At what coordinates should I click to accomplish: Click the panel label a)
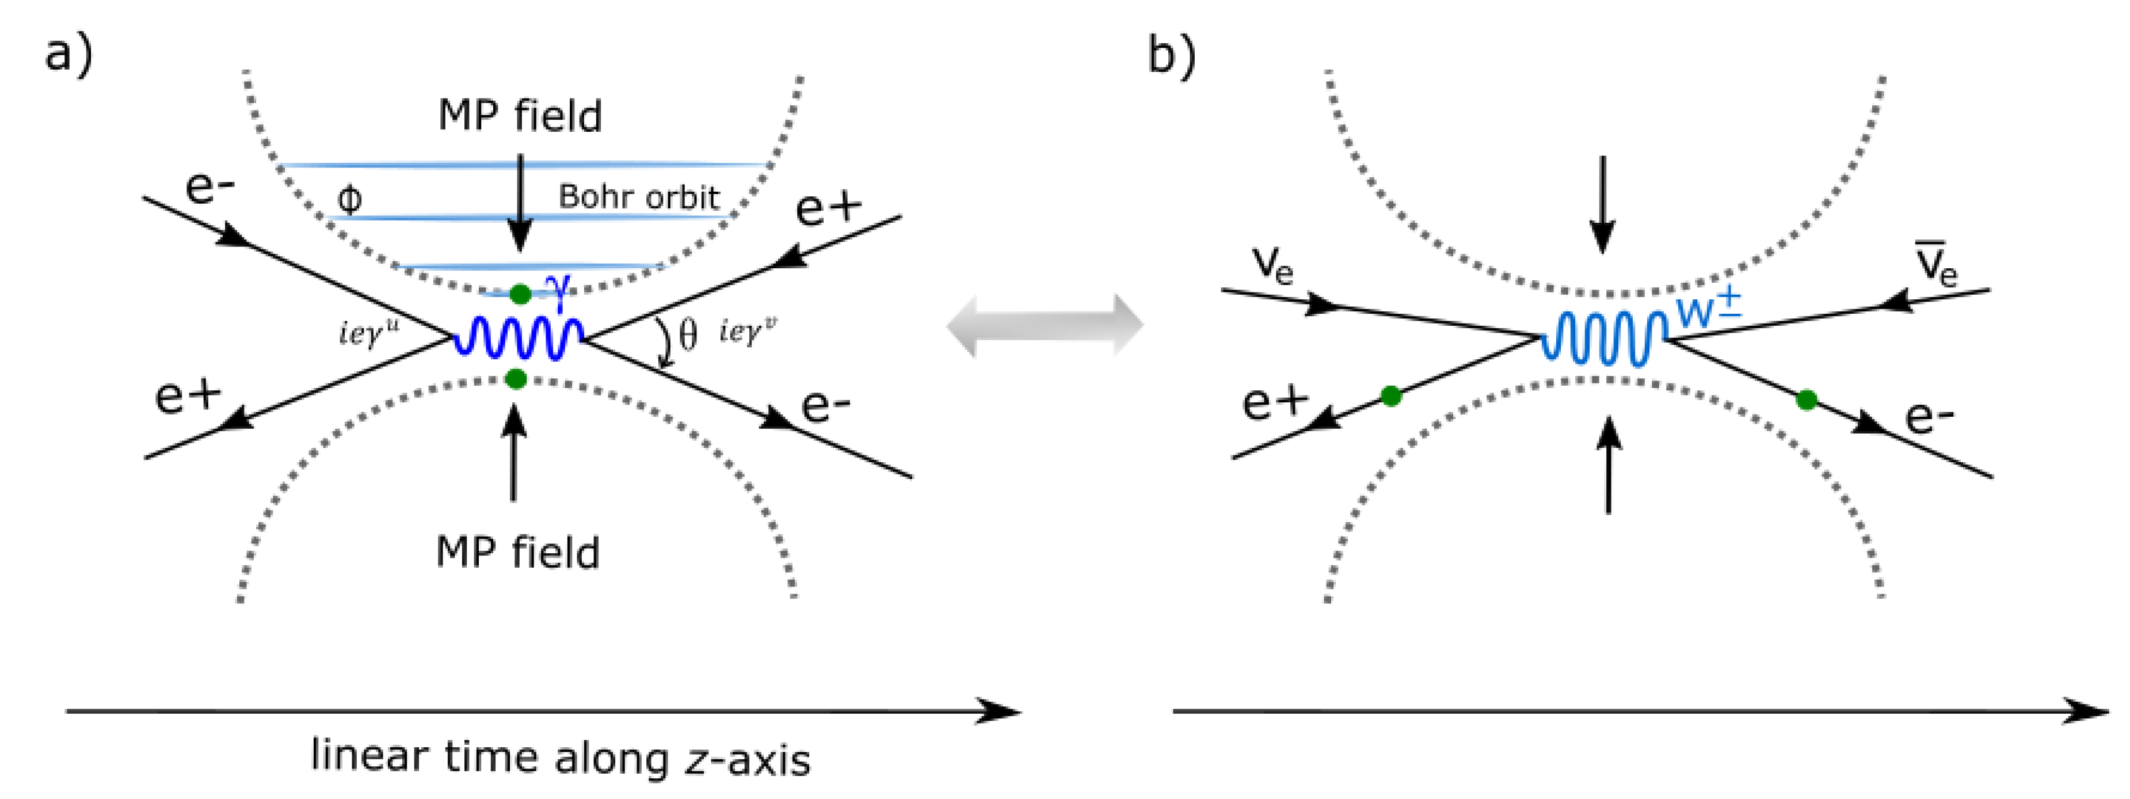[x=68, y=56]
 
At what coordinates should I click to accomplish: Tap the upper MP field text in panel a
[x=519, y=116]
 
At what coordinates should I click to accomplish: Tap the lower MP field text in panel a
[x=517, y=553]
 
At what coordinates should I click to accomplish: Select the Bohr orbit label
[x=638, y=197]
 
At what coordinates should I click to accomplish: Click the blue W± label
[x=1708, y=309]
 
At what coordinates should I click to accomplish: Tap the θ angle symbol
[x=687, y=335]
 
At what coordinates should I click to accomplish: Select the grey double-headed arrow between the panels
[x=1045, y=325]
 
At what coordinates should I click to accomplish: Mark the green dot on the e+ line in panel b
[x=1391, y=397]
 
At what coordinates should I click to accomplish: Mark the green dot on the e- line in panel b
[x=1807, y=400]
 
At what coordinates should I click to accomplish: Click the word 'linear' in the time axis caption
[x=369, y=756]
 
